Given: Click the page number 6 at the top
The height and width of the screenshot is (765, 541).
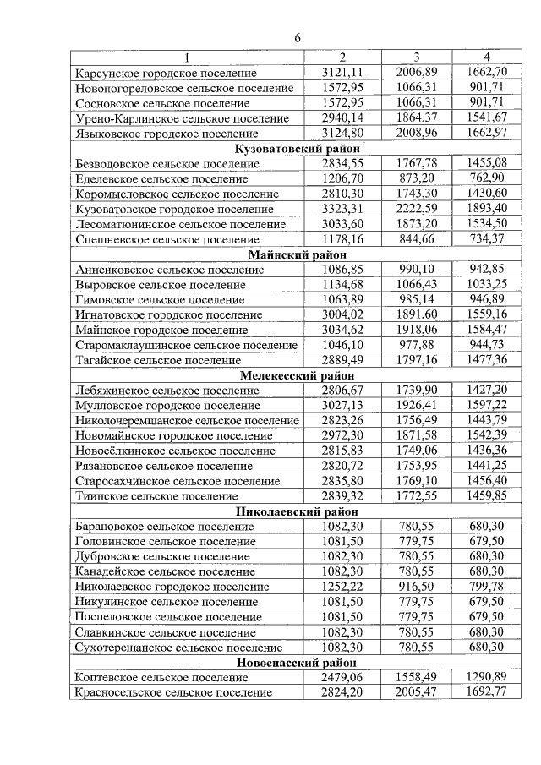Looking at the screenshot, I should pyautogui.click(x=298, y=37).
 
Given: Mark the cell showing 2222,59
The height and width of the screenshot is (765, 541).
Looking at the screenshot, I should pyautogui.click(x=415, y=209).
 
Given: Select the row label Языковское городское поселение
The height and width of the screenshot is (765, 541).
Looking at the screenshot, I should pyautogui.click(x=167, y=134).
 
